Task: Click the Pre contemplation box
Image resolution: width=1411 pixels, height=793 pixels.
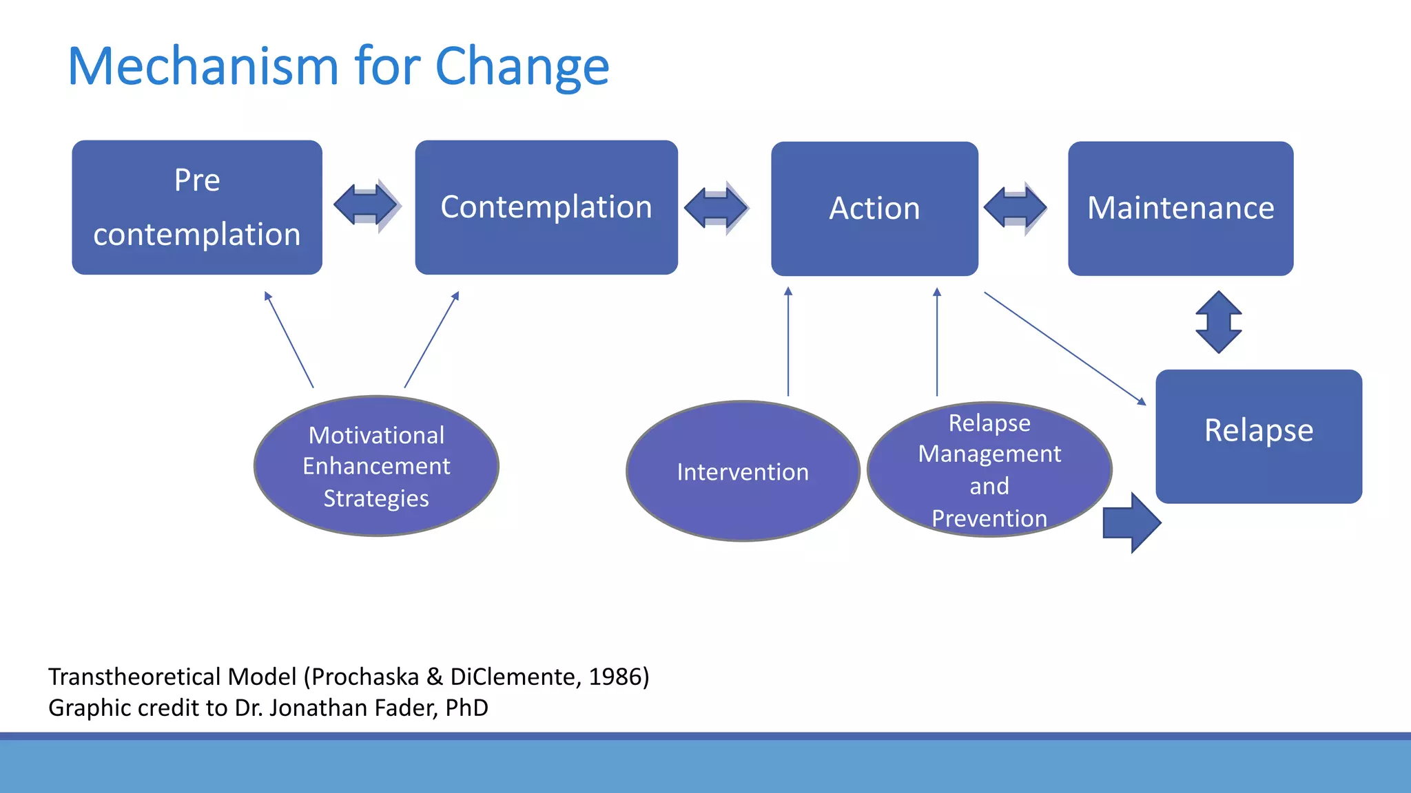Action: tap(197, 207)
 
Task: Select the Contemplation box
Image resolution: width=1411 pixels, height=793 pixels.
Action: tap(546, 207)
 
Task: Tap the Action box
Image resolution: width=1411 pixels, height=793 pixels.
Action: tap(874, 209)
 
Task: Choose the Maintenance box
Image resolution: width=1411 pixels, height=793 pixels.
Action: tap(1180, 209)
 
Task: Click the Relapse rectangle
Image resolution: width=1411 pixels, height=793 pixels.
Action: tap(1258, 436)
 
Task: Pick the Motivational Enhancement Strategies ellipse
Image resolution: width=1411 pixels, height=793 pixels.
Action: tap(376, 466)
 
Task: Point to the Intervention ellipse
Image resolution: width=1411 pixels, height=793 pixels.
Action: tap(743, 472)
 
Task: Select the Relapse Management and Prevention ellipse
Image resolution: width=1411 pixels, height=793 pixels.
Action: tap(989, 470)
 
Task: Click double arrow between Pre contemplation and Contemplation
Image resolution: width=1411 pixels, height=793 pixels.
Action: tap(366, 205)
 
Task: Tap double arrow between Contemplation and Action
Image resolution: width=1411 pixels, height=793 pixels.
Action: tap(716, 207)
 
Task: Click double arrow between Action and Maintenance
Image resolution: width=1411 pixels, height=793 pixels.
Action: tap(1015, 207)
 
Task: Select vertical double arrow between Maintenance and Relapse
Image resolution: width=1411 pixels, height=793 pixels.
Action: tap(1218, 322)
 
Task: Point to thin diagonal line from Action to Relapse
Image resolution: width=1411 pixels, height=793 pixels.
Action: tap(1064, 348)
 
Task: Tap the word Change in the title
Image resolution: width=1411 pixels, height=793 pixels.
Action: tap(522, 67)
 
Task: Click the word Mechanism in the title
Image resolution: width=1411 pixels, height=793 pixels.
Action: tap(203, 67)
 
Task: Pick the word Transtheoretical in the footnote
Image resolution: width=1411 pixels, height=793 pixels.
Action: tap(135, 677)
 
